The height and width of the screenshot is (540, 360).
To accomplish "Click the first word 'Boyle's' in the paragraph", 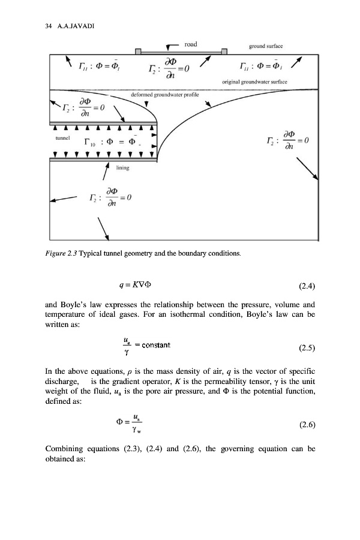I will pyautogui.click(x=74, y=304).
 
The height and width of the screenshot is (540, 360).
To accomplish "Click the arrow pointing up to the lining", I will pyautogui.click(x=105, y=172).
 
